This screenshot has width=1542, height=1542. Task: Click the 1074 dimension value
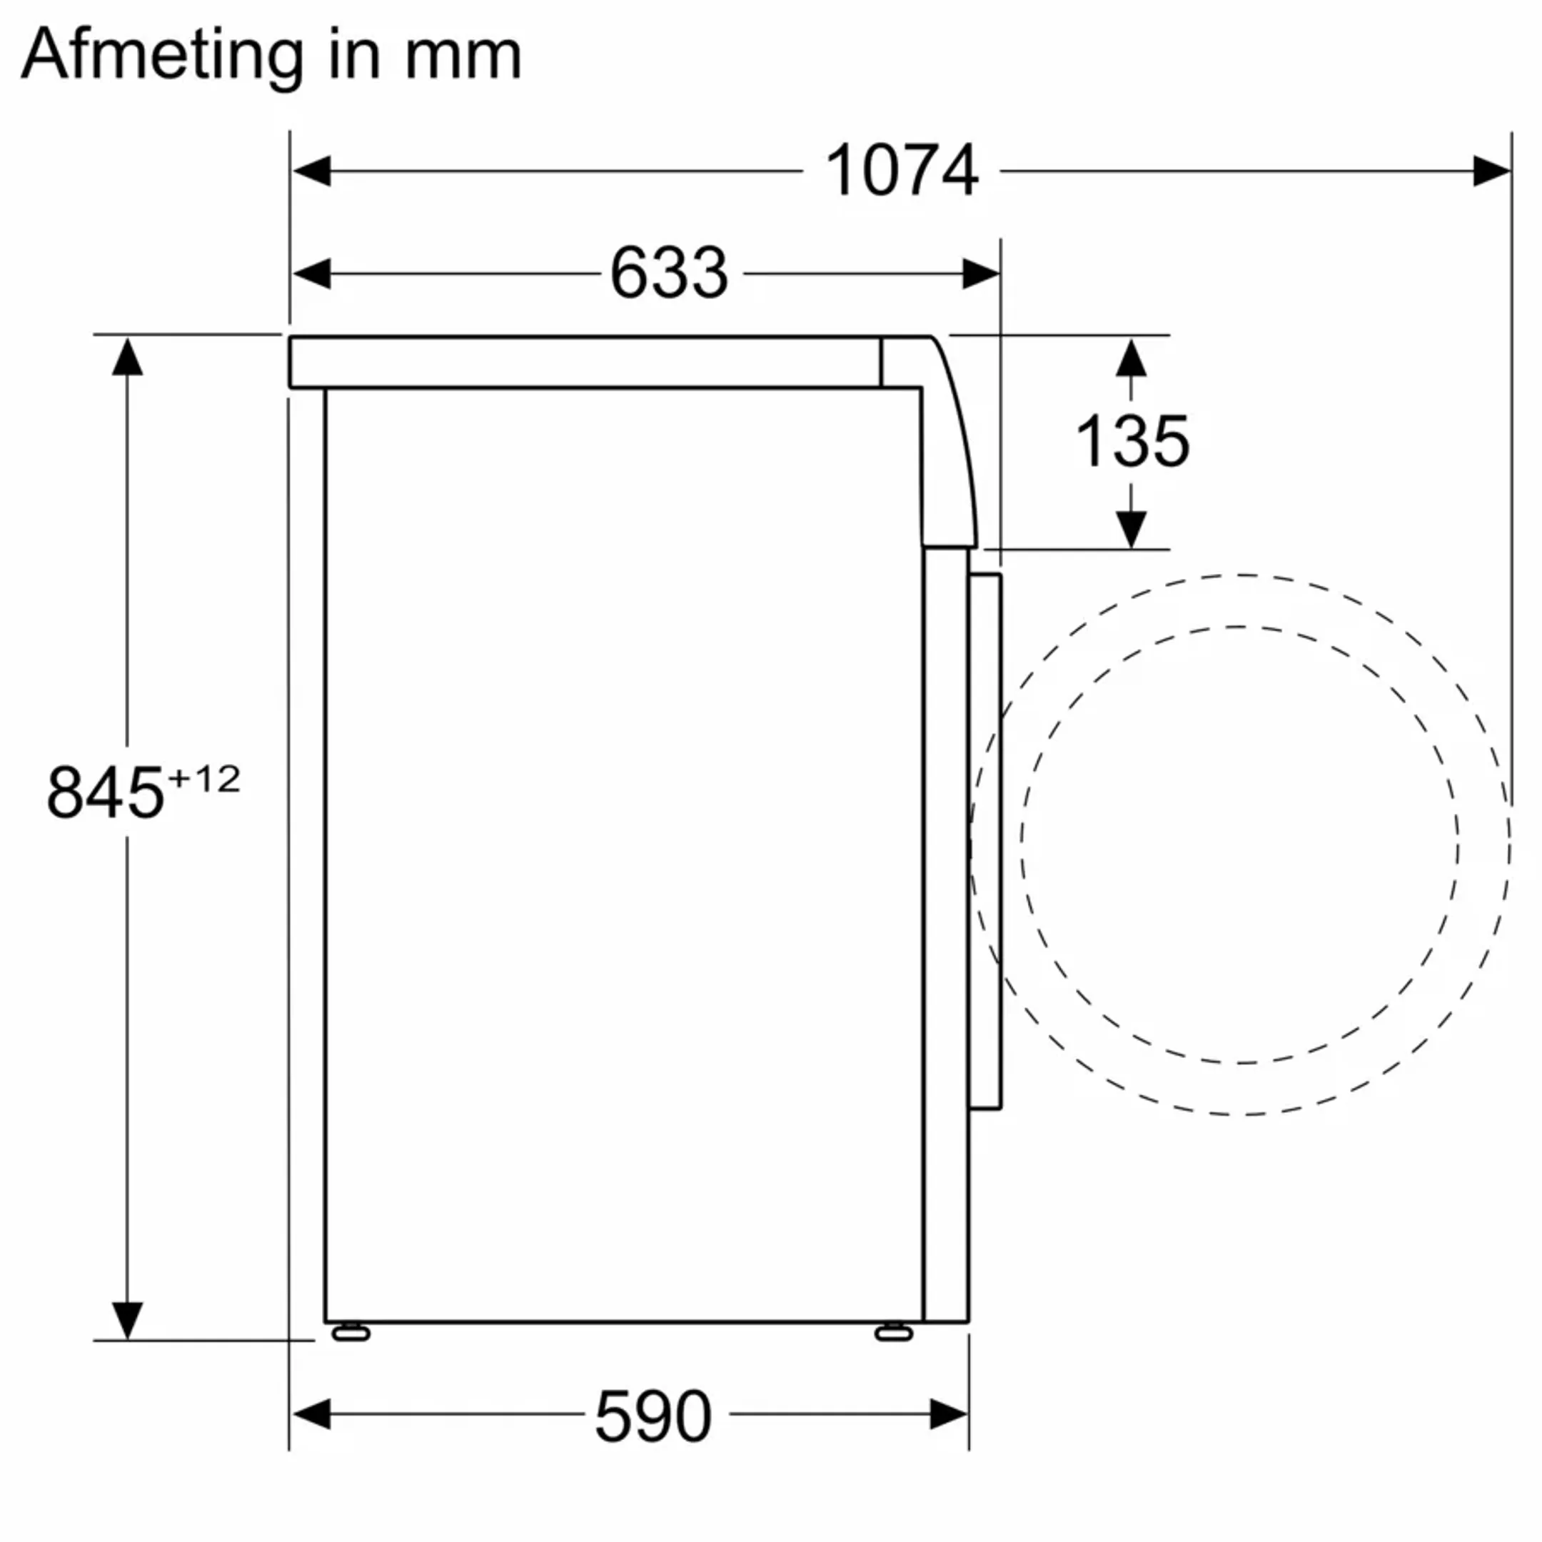pos(901,171)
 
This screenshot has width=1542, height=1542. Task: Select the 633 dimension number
pos(669,273)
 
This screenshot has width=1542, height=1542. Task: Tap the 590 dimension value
pos(653,1416)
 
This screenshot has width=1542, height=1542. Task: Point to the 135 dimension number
pos(1132,441)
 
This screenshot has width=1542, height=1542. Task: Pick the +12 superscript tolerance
pos(204,779)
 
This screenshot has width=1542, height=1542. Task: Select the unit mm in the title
pos(463,56)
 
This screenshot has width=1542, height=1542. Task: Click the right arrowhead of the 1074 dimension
pos(1491,171)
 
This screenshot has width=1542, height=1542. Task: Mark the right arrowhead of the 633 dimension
pos(980,273)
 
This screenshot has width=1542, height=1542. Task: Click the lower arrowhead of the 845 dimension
pos(127,1320)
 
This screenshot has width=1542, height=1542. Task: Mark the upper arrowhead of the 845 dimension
pos(127,357)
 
